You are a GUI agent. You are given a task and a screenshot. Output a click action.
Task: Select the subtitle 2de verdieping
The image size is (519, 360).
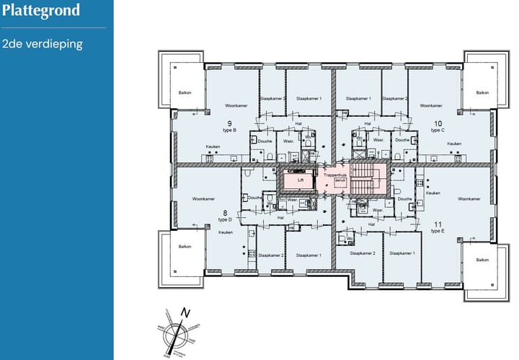(x=43, y=44)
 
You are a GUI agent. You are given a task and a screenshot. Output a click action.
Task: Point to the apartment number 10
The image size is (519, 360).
(x=438, y=123)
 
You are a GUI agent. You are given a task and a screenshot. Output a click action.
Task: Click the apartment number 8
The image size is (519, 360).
(x=225, y=212)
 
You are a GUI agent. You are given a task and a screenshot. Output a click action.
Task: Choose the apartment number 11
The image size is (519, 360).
(x=437, y=224)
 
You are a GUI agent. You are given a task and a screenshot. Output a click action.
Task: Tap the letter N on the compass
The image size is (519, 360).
(x=185, y=313)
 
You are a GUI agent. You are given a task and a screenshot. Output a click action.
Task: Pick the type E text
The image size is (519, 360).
(x=437, y=232)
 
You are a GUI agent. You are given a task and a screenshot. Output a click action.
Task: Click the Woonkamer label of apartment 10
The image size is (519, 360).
(x=430, y=105)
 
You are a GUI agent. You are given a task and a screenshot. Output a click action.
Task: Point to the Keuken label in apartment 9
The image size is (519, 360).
(x=213, y=146)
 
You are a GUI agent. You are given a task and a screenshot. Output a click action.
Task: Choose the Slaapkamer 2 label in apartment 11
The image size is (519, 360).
(x=363, y=254)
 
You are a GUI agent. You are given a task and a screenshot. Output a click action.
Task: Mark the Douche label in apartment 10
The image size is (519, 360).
(x=402, y=141)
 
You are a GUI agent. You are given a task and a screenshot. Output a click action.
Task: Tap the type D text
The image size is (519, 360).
(x=225, y=219)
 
